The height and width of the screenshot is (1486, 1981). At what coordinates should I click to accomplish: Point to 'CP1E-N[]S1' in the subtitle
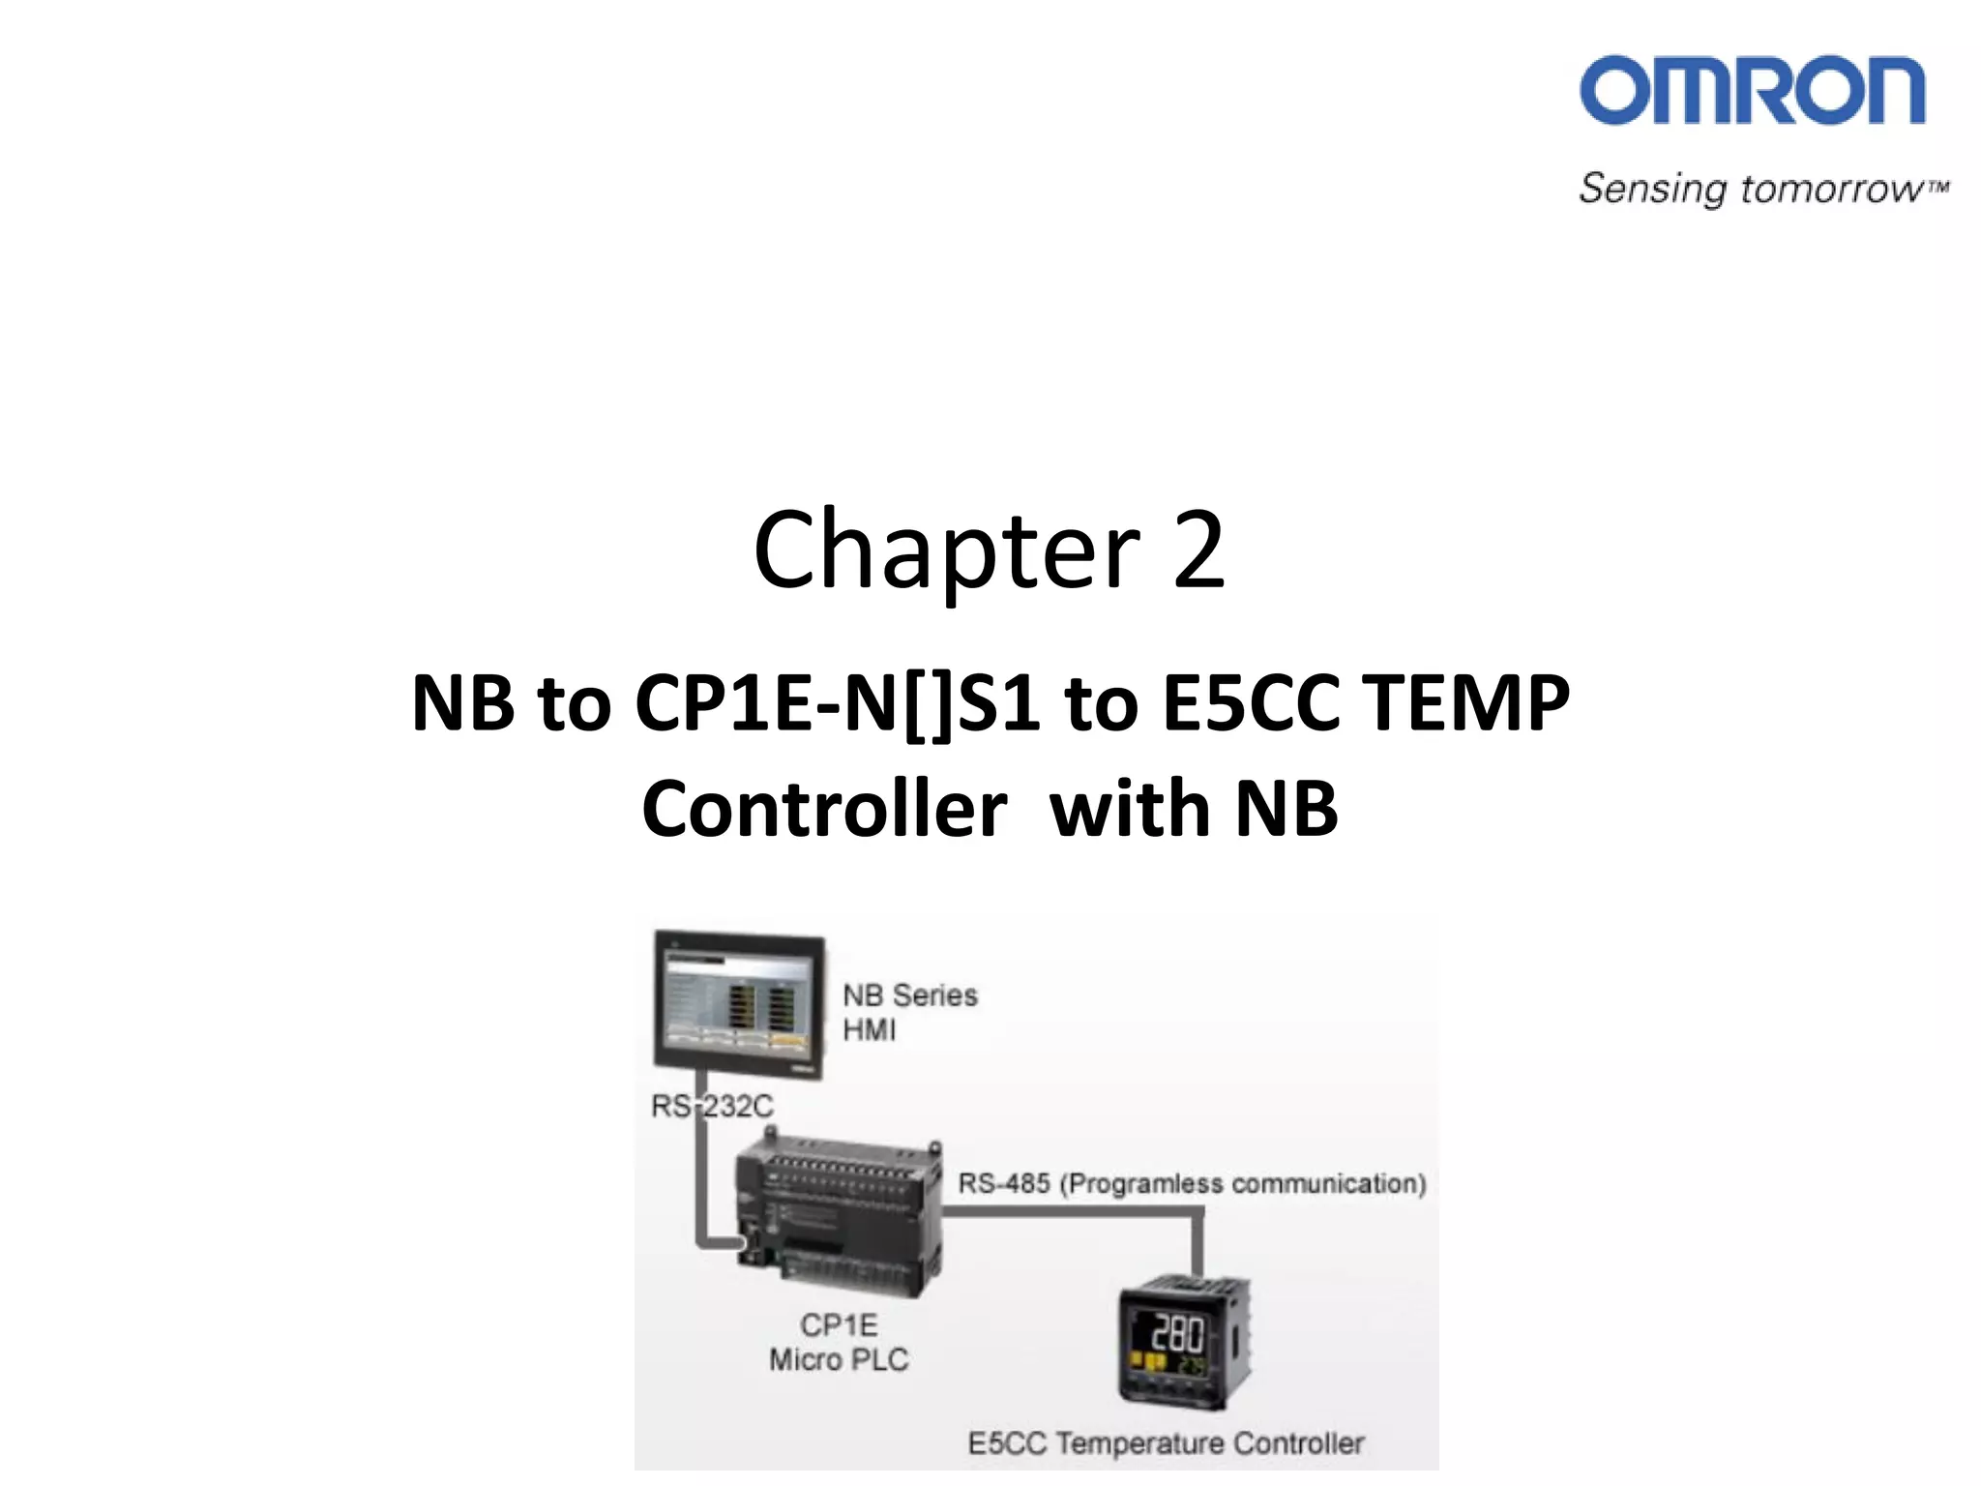coord(837,703)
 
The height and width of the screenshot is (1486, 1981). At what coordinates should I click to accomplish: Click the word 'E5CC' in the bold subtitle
coord(1251,703)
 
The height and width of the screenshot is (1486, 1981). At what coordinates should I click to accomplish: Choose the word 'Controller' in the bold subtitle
coord(824,809)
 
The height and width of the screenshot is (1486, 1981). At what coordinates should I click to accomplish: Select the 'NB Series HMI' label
coord(909,1012)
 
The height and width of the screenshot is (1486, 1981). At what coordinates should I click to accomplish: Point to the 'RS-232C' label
coord(712,1106)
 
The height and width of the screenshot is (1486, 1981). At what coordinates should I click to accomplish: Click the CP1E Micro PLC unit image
coord(838,1219)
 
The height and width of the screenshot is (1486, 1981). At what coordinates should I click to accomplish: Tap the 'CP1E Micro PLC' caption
coord(839,1342)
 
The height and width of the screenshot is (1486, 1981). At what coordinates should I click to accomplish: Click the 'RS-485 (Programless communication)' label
coord(1192,1183)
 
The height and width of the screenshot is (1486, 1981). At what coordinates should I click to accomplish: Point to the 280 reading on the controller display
coord(1177,1334)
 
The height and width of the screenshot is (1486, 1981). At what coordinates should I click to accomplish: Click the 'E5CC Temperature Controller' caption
coord(1166,1443)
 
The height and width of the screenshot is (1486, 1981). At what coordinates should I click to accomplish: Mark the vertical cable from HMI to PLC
coord(701,1161)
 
